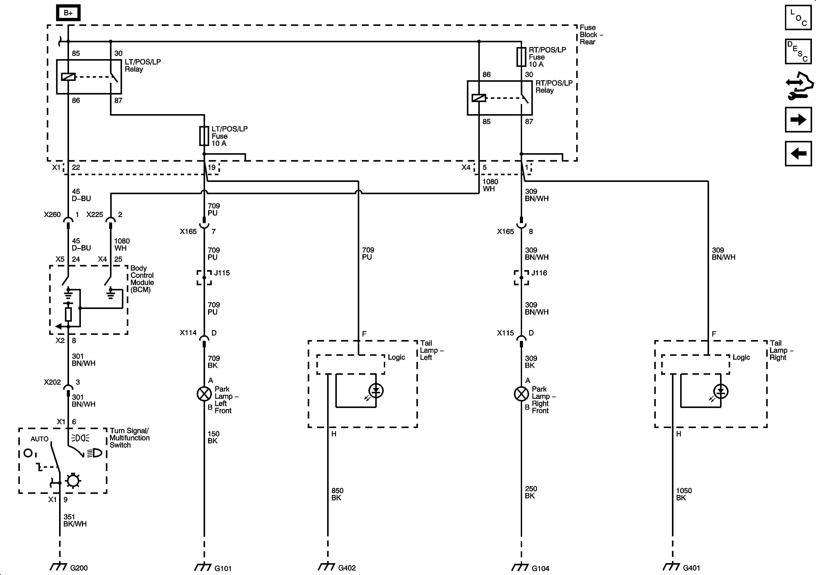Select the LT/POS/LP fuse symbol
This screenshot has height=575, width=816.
click(x=204, y=136)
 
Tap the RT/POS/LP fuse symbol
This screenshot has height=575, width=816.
click(x=521, y=57)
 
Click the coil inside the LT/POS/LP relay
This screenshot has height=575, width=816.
click(x=68, y=76)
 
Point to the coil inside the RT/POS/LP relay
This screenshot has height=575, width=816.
click(x=479, y=98)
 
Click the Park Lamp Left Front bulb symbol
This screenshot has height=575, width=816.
click(x=204, y=394)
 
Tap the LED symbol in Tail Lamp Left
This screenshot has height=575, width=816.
click(x=376, y=391)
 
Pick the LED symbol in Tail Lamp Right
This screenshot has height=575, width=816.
click(x=720, y=392)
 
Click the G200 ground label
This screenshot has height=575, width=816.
click(x=79, y=568)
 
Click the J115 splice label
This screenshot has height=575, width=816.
click(x=222, y=273)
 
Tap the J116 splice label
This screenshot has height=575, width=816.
click(x=539, y=273)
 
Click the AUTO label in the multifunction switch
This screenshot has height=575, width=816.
click(x=39, y=439)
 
